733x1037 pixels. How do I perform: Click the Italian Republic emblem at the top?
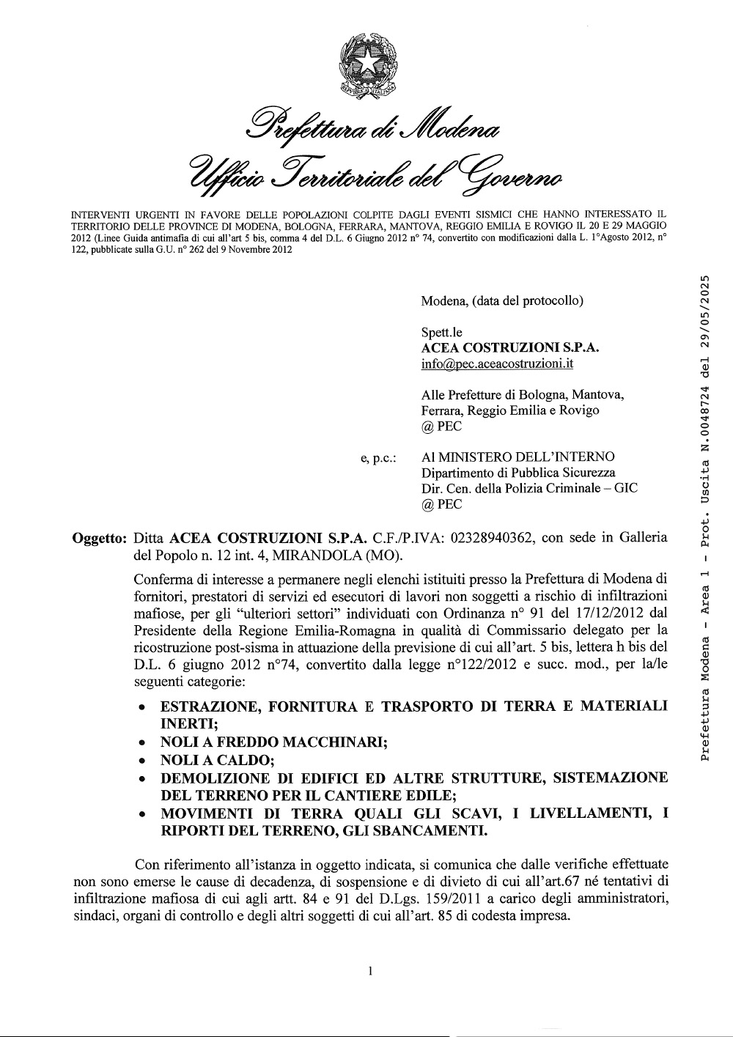tap(367, 70)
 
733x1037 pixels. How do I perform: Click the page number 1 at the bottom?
tap(372, 972)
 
